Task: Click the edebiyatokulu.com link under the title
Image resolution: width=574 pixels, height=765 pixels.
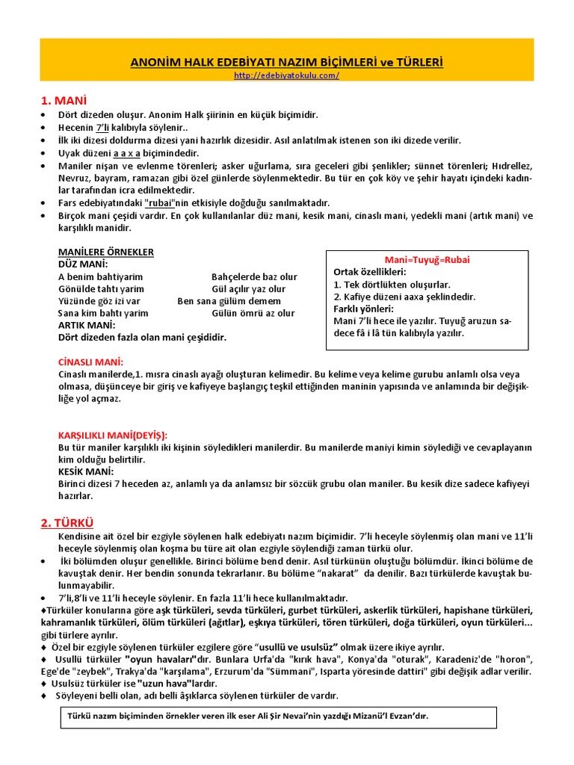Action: pos(286,75)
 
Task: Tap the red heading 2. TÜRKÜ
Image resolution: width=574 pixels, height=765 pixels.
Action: pos(67,523)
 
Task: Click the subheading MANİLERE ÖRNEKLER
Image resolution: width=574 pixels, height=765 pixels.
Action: pos(105,252)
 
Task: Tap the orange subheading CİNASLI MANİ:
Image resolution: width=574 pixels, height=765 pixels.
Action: pos(90,362)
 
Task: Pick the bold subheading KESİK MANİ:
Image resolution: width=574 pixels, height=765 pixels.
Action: pos(86,471)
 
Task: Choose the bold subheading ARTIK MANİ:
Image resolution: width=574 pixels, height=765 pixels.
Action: pos(87,325)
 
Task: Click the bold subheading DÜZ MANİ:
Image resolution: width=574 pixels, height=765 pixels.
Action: pos(82,264)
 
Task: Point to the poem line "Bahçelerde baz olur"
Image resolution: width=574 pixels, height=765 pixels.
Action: pos(254,276)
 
